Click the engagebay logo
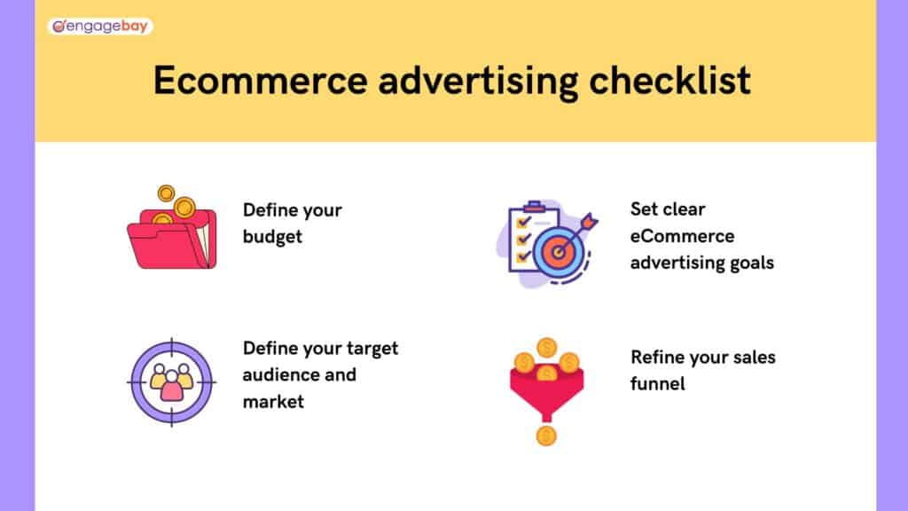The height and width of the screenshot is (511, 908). point(99,27)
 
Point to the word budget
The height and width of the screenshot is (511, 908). point(272,237)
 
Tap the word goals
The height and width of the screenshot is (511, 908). point(747,263)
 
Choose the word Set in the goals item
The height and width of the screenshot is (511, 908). point(645,210)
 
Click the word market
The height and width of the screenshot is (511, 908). point(273,401)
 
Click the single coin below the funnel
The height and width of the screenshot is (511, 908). point(546,436)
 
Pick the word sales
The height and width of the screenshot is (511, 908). point(752,357)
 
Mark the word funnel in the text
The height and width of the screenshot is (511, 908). point(658,384)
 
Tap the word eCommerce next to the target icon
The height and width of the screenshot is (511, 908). point(683,236)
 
